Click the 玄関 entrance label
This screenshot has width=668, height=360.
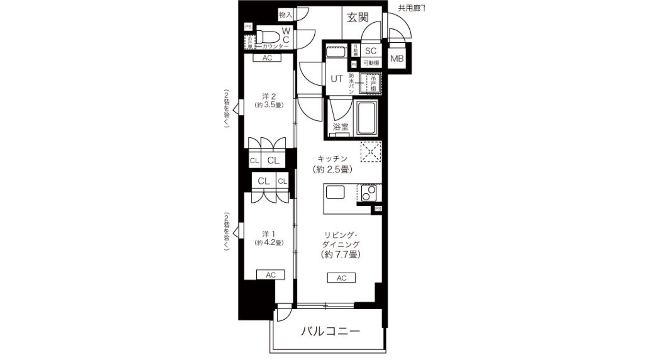[x=357, y=17]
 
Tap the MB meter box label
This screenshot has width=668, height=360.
[x=397, y=59]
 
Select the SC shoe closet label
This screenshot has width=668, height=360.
[x=371, y=51]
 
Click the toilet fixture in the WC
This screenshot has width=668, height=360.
[x=268, y=37]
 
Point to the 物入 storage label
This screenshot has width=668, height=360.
[x=285, y=15]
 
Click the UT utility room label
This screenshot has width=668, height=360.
[x=336, y=79]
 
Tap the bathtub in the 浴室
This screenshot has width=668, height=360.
[x=367, y=118]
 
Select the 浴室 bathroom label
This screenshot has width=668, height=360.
[x=341, y=127]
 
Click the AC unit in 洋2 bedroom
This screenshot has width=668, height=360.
[x=267, y=58]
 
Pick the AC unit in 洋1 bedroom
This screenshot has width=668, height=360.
[x=271, y=275]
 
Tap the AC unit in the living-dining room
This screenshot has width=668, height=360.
[x=341, y=278]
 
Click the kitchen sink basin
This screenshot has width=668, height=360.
[x=335, y=193]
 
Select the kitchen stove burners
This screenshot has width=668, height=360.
[x=369, y=193]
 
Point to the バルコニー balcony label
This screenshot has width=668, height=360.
[x=331, y=331]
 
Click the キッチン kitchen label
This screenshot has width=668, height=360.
[x=332, y=159]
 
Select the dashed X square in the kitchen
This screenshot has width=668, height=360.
[x=371, y=152]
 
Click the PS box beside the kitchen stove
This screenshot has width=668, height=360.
[x=378, y=209]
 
